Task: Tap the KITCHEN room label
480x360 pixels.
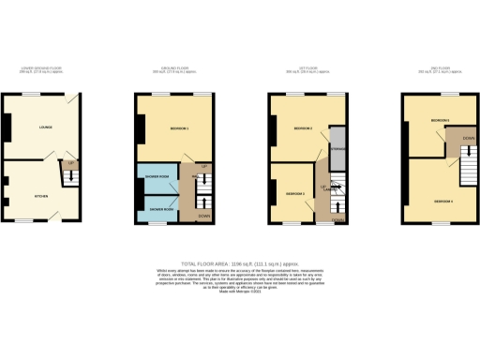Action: click(x=41, y=196)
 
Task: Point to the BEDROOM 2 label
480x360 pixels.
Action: click(x=302, y=127)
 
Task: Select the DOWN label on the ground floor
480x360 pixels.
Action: click(x=202, y=215)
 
